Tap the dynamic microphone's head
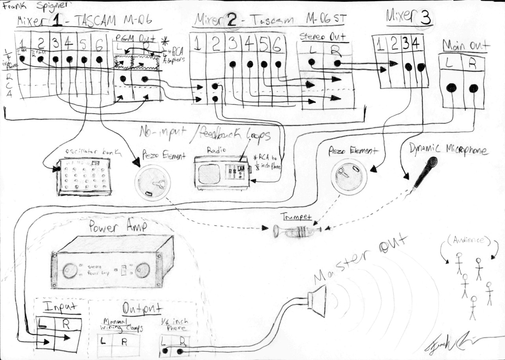point(433,162)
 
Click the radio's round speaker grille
point(209,174)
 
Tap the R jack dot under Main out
point(473,88)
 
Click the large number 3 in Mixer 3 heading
point(425,18)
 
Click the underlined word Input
point(59,307)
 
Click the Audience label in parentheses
point(468,240)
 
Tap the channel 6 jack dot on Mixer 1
point(99,59)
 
